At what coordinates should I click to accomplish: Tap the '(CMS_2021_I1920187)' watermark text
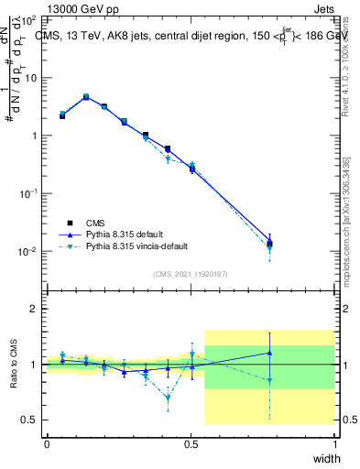pos(191,274)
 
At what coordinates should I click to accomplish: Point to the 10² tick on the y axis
pos(29,19)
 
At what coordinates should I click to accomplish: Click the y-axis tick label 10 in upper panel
pos(32,77)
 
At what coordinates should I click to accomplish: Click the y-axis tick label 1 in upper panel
pos(35,136)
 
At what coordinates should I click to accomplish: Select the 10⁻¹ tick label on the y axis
pos(29,193)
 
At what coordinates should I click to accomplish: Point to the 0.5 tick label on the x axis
pos(191,443)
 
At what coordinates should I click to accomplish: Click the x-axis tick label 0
pos(47,443)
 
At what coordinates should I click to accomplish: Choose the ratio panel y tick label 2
pos(35,309)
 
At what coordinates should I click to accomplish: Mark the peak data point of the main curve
pos(86,96)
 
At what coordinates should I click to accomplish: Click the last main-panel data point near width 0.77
pos(269,243)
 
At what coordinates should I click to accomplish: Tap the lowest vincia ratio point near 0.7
pos(168,398)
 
